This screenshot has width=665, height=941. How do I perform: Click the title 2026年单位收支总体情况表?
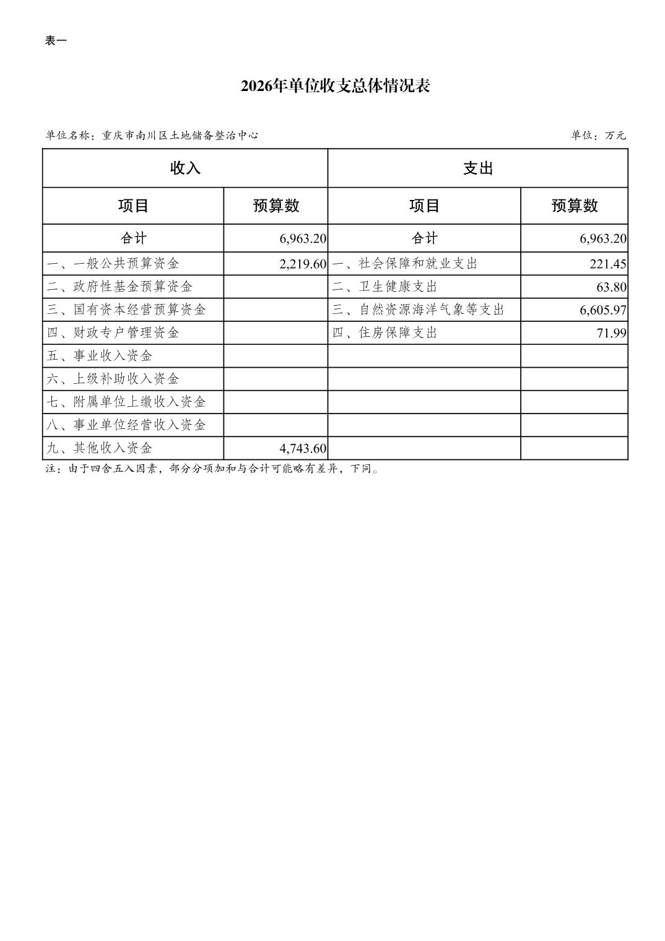pos(335,86)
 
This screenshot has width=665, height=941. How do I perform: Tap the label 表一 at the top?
pos(56,41)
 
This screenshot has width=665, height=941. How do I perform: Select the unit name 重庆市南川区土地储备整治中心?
pos(180,136)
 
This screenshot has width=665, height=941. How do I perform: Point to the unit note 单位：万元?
pos(598,136)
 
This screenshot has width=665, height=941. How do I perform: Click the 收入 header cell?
pos(185,168)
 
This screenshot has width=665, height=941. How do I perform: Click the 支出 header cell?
pos(477,168)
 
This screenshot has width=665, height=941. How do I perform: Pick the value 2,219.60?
pos(303,264)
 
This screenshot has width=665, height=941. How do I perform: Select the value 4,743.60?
pos(303,448)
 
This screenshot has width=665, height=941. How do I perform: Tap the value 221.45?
pos(608,264)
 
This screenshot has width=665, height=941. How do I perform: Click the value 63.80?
pos(612,287)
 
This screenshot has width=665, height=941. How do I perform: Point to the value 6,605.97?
pos(603,310)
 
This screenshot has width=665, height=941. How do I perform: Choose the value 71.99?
pos(612,333)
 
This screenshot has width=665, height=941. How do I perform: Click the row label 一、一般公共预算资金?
pos(113,264)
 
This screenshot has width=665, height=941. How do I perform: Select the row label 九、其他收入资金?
pos(100,448)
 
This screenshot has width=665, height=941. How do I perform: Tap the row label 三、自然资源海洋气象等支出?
pos(418,310)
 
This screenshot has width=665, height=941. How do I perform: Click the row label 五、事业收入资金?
pos(100,356)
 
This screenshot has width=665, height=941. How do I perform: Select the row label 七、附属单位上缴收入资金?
pos(126,402)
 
